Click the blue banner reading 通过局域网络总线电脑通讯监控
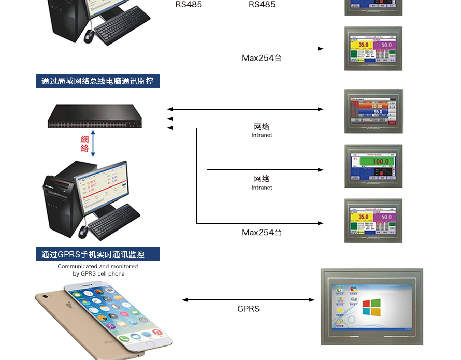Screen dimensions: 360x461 [x=97, y=81]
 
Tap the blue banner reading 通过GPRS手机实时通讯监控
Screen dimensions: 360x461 [x=97, y=254]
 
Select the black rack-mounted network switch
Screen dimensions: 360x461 [x=93, y=116]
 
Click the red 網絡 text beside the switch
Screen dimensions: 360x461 [x=85, y=143]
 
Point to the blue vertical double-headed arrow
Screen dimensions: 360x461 [x=93, y=144]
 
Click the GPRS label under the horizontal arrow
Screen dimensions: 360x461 [x=248, y=309]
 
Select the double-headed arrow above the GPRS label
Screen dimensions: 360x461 [x=248, y=300]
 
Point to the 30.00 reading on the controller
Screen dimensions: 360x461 [x=376, y=106]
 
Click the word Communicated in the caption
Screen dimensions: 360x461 [x=77, y=266]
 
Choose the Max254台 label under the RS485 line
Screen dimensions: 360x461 [x=262, y=58]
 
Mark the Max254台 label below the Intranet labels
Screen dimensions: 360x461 [x=262, y=233]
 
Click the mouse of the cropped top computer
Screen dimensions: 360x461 [x=89, y=35]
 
